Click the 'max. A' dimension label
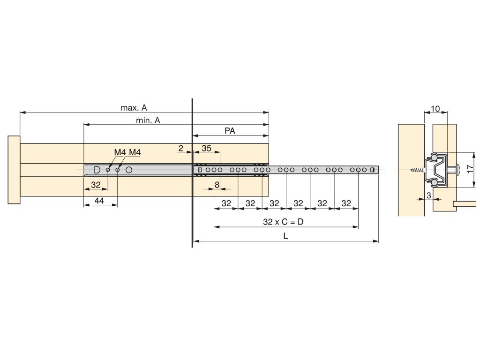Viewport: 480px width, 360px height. (134, 108)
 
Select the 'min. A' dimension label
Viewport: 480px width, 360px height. (148, 120)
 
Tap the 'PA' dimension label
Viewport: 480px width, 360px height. (230, 131)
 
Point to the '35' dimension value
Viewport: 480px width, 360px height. (207, 149)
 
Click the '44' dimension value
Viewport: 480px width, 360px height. (99, 201)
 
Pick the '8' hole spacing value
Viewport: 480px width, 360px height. (217, 185)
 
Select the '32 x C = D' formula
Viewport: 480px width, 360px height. (283, 222)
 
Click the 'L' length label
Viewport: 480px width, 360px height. (285, 236)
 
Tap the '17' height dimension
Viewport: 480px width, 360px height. (470, 169)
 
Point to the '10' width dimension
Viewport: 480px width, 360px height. (435, 109)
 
